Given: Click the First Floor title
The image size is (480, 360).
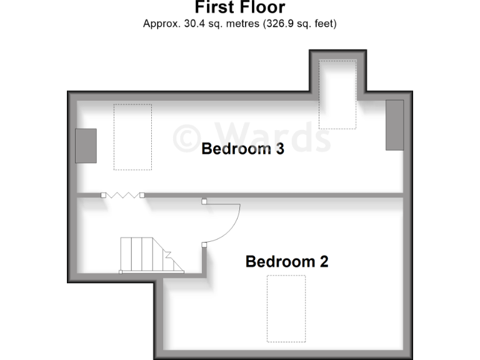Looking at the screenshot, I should tap(240, 8).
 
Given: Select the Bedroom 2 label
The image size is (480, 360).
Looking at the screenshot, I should tap(287, 261).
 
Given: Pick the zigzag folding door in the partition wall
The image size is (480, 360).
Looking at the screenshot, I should tap(122, 196).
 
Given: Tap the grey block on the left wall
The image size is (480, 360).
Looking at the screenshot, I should tap(86, 146).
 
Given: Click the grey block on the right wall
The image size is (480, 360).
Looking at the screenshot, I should tap(394, 125).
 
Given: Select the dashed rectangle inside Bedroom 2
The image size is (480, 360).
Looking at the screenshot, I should tap(286, 309).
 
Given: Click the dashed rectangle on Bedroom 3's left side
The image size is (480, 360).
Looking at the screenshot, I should tap(132, 137).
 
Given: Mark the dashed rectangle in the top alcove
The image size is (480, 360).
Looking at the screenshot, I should tap(337, 94).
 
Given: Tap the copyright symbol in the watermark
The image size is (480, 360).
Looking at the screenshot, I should tap(186, 136).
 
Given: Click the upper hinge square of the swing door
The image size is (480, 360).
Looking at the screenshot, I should tap(204, 202).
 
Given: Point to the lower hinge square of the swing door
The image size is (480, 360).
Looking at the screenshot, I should tap(204, 244).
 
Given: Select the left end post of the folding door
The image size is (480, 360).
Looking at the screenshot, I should tap(103, 196).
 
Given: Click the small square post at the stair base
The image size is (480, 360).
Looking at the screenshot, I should tap(121, 272).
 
